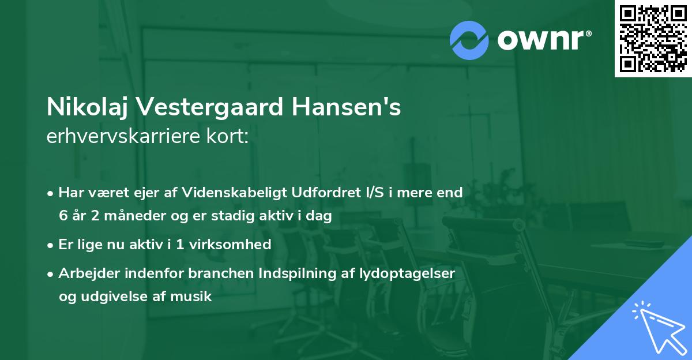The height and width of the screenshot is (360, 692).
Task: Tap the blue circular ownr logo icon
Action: [x=469, y=40]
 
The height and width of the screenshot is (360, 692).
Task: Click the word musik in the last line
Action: [x=194, y=297]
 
